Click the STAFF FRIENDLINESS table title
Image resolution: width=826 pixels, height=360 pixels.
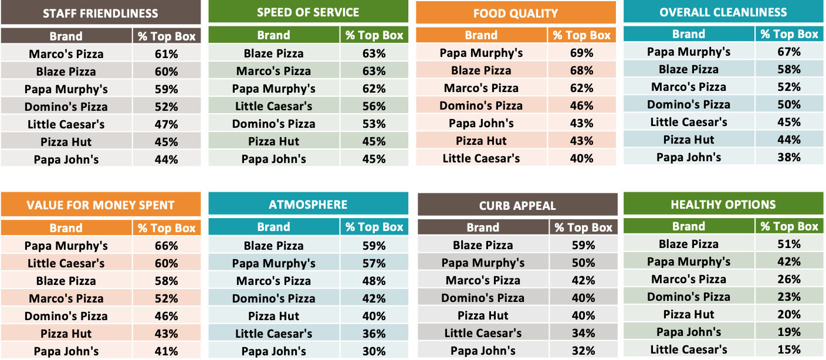(100, 13)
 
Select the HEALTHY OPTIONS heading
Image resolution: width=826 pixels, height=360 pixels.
(723, 205)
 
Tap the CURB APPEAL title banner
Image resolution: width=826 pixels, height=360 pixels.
(517, 206)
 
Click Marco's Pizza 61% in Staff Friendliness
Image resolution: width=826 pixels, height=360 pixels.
(167, 55)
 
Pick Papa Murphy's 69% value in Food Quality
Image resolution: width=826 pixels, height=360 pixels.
(581, 53)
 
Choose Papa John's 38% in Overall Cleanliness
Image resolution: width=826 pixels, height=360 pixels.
(789, 157)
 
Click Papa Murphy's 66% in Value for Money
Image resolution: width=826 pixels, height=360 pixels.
(167, 246)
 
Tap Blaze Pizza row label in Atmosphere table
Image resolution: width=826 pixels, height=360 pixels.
(273, 246)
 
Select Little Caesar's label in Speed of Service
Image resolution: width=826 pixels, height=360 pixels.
(273, 106)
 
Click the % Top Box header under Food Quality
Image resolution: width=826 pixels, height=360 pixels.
(581, 35)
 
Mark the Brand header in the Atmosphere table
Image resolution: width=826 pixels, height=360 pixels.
(273, 227)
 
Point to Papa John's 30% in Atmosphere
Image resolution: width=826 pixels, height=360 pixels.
(374, 351)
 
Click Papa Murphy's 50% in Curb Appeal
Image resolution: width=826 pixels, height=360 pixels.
(584, 263)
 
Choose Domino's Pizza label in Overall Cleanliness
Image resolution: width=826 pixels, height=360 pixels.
(689, 104)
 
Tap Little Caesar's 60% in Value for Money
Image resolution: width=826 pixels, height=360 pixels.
(167, 263)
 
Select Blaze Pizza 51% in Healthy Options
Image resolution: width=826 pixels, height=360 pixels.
(789, 244)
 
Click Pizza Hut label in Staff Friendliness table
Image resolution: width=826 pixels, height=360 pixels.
(66, 142)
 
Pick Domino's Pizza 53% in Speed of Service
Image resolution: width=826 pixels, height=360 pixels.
(374, 124)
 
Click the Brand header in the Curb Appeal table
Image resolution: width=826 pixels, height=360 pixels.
(483, 227)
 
